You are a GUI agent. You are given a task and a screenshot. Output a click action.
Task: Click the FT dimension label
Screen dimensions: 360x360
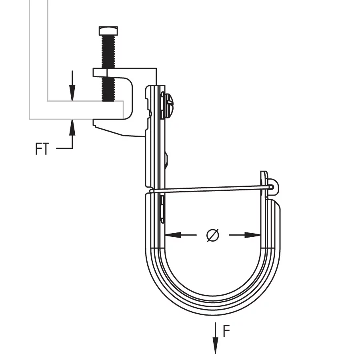(x=42, y=149)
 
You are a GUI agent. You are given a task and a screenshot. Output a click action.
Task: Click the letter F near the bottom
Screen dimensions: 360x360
(x=226, y=331)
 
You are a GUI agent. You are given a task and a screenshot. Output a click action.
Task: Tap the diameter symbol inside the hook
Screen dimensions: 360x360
(x=213, y=235)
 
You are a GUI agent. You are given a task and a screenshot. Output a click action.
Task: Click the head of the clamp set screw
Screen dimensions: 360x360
(x=108, y=31)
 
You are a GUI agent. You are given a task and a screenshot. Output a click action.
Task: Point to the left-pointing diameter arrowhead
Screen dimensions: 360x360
(x=173, y=235)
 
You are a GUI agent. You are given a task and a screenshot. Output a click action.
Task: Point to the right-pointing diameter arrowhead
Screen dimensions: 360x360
(x=252, y=235)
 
